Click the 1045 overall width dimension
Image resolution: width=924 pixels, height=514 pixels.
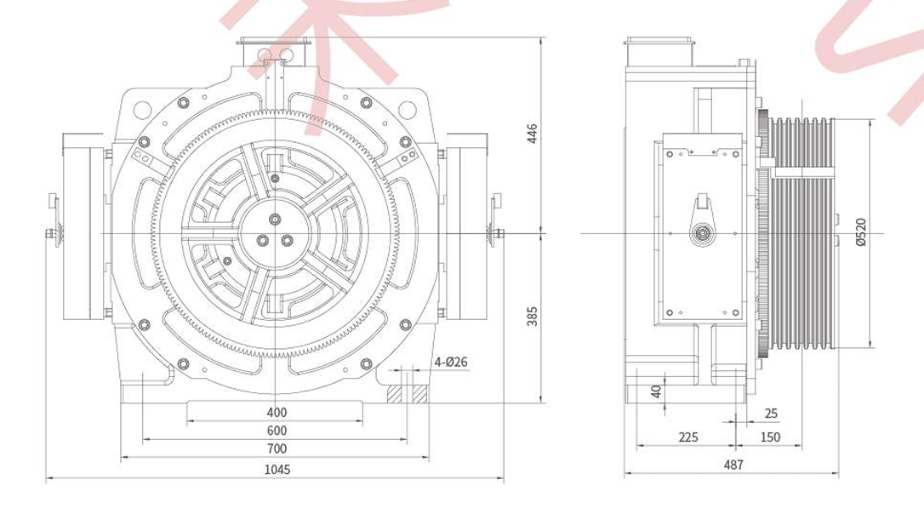277,469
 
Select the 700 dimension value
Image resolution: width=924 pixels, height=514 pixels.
277,448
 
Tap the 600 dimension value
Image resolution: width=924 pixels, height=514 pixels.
277,431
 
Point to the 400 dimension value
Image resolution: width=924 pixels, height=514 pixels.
277,412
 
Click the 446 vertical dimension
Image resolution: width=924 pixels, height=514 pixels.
532,134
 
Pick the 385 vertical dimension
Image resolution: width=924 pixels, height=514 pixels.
532,317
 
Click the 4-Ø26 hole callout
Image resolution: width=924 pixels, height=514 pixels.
451,362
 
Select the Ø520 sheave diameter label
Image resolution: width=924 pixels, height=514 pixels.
861,231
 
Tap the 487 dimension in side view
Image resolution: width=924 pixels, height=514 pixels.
733,465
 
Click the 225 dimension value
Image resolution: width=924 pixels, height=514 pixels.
687,437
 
